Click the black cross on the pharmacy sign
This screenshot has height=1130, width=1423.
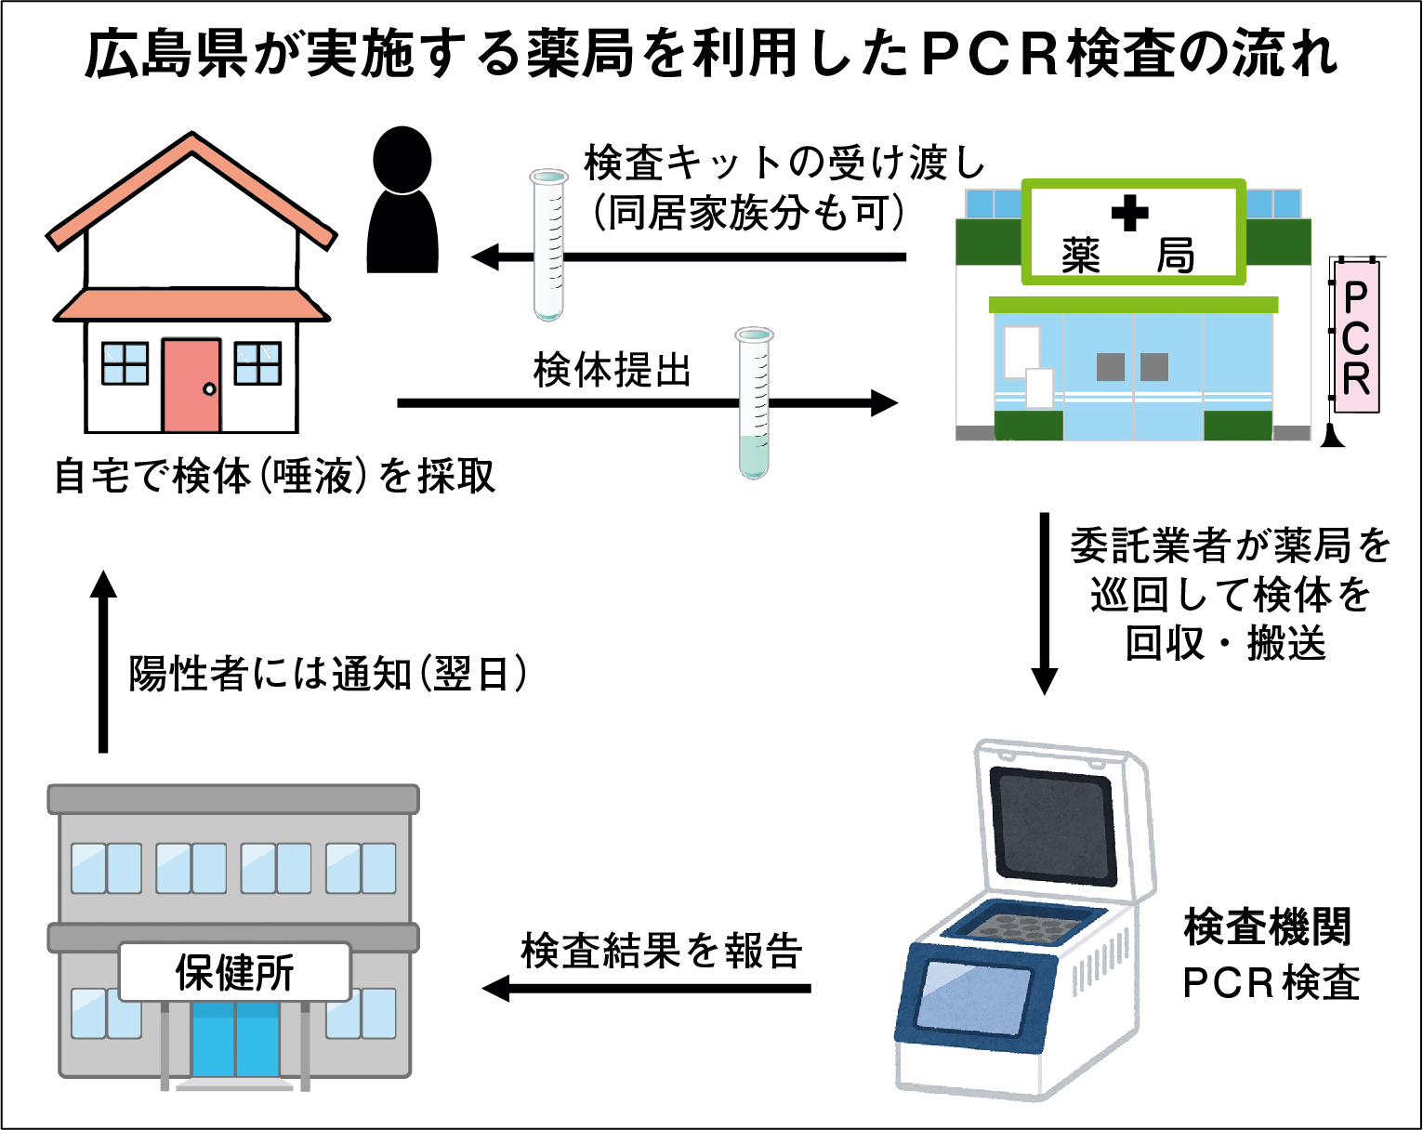point(1129,214)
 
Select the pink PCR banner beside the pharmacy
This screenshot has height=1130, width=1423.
point(1356,336)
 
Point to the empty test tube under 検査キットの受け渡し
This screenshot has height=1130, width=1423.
point(548,245)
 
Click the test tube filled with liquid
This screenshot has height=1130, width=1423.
point(754,404)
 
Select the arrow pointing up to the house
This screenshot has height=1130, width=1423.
point(103,660)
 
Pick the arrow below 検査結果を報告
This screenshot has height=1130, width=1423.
point(647,988)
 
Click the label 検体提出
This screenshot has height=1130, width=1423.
point(613,370)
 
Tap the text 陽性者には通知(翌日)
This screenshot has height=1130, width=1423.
point(327,674)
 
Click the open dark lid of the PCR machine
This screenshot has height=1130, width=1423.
point(1052,822)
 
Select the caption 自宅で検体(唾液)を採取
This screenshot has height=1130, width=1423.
point(275,476)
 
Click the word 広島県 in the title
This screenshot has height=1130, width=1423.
point(166,54)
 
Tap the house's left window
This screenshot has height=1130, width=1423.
point(125,363)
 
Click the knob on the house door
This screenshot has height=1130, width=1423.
point(209,388)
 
